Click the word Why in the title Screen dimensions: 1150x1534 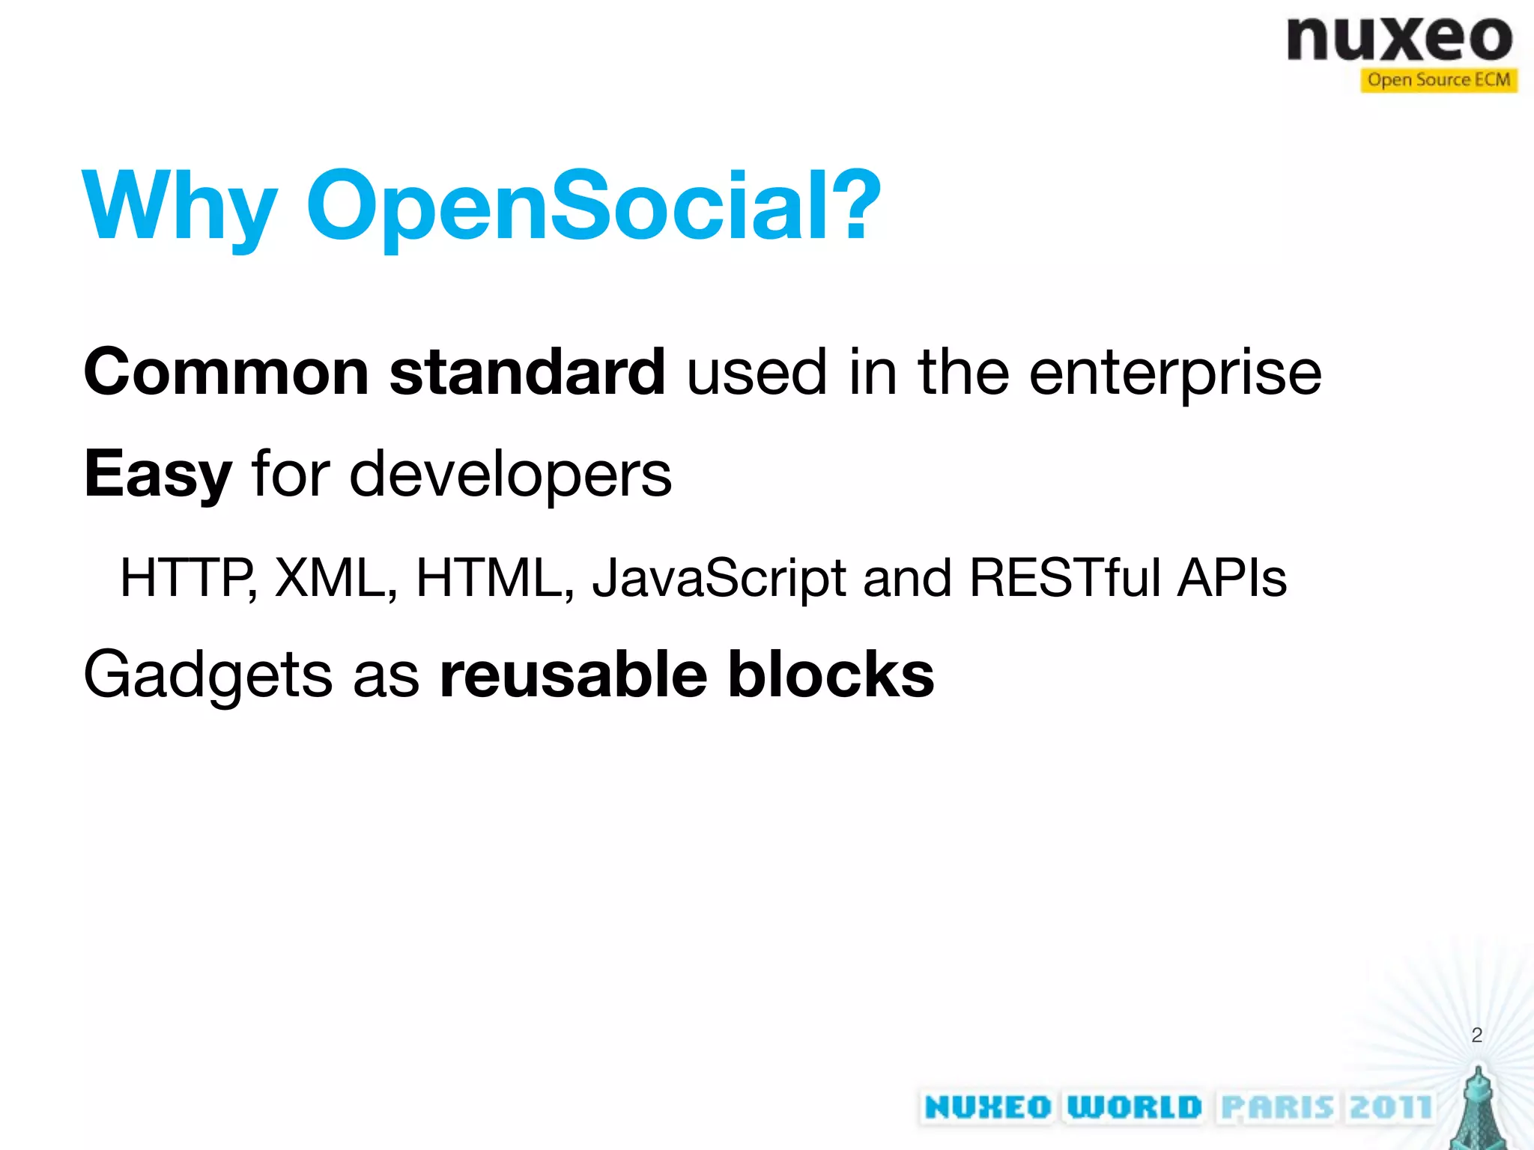(x=180, y=206)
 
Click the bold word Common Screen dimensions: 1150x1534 (x=225, y=372)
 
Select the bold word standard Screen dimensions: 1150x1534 (x=527, y=372)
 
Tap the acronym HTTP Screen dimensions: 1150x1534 (x=187, y=578)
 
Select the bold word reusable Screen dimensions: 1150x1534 (x=573, y=674)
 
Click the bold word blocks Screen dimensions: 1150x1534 (x=831, y=674)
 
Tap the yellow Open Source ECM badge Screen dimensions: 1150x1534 (x=1438, y=79)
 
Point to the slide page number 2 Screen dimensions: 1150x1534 (x=1476, y=1035)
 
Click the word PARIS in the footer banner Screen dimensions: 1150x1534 (x=1277, y=1107)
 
